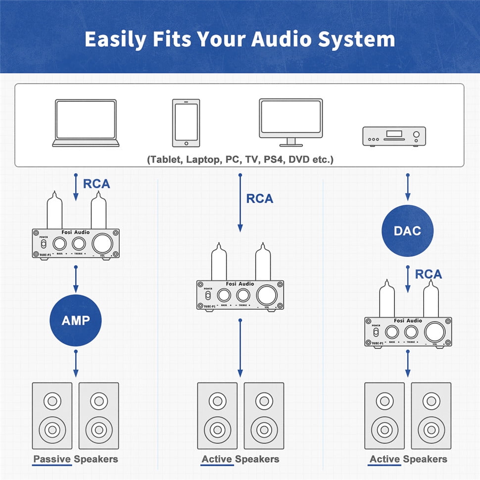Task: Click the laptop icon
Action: (86, 123)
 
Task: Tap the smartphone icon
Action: (186, 123)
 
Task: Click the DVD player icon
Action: (394, 136)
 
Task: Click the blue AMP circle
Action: (76, 320)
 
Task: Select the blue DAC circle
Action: (407, 230)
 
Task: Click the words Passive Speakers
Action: (76, 459)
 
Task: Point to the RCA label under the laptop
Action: (96, 184)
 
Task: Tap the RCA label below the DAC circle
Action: (429, 274)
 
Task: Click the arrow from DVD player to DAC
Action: (407, 188)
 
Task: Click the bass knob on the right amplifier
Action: (392, 332)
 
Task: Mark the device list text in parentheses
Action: (240, 160)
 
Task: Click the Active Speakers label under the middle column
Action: (240, 459)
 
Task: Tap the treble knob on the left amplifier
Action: (79, 243)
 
